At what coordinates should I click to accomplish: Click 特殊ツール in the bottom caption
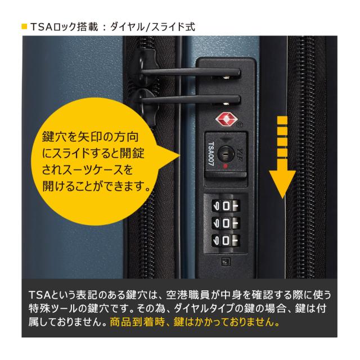[x=51, y=309]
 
